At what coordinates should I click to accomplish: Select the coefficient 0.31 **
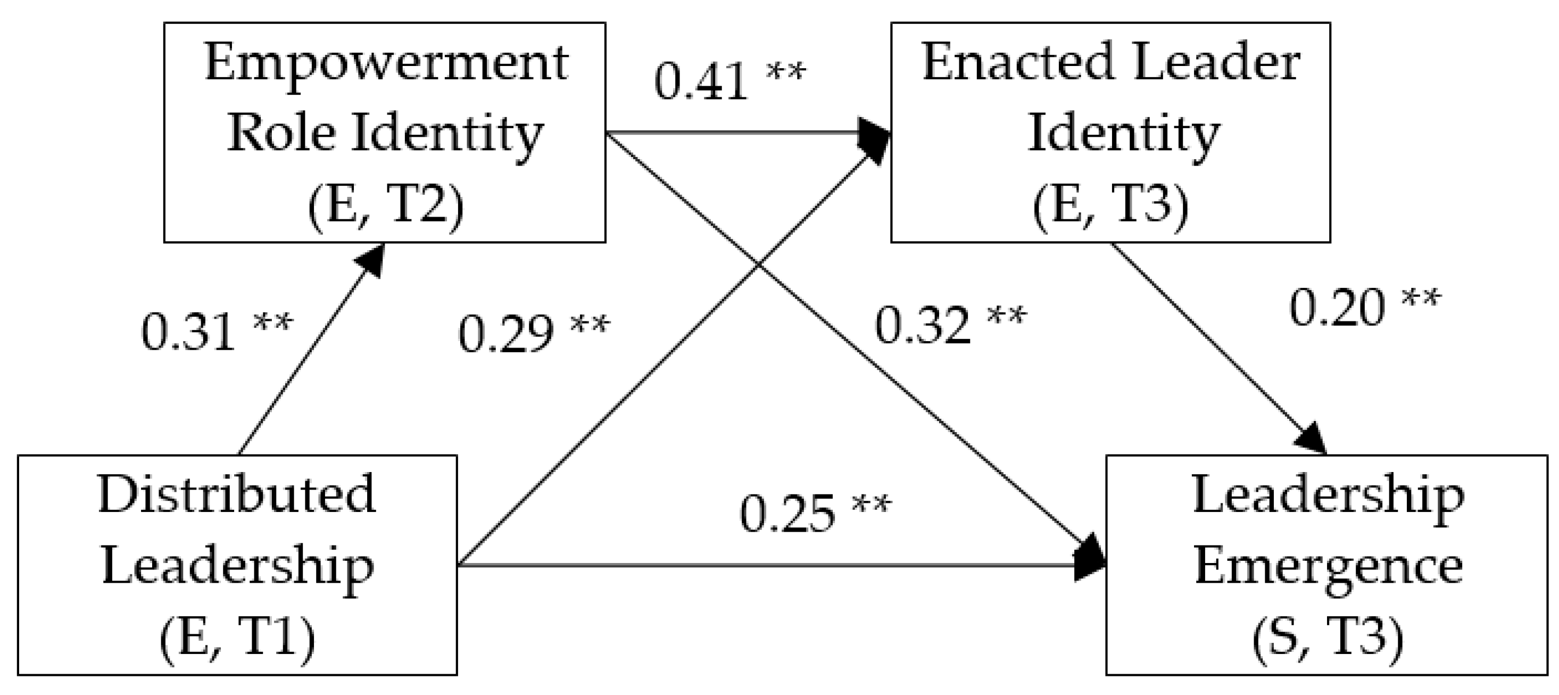216,331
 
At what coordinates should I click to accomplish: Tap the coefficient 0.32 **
950,325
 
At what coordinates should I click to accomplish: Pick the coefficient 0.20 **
1365,308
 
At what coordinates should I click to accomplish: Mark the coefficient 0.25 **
815,514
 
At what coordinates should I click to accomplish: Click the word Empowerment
386,63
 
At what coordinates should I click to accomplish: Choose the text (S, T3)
1327,639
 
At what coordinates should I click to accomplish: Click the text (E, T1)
237,639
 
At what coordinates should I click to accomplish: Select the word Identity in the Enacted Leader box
1123,135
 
